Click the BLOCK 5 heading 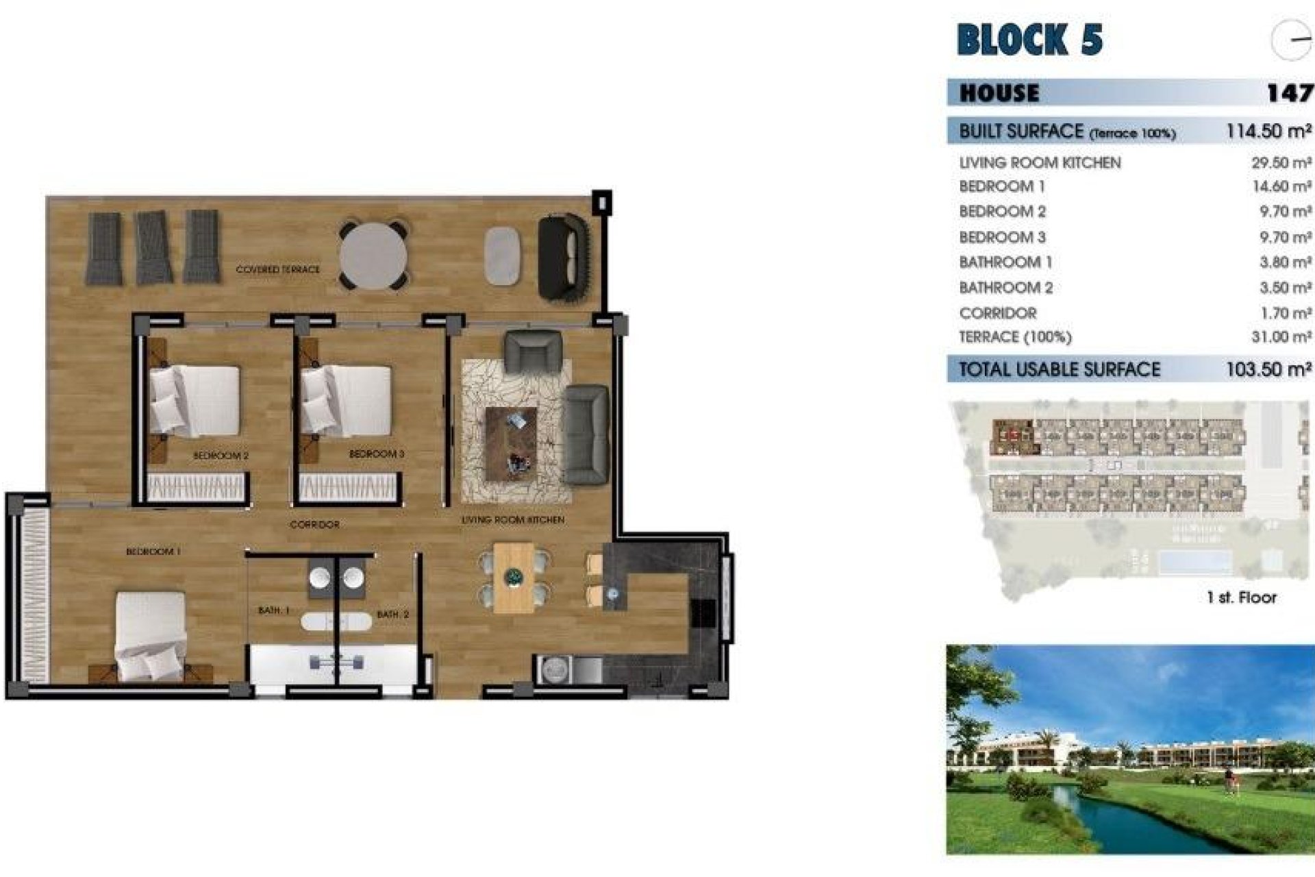click(x=1029, y=39)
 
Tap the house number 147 click(x=1289, y=93)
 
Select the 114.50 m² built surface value click(x=1268, y=131)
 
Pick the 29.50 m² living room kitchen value click(x=1281, y=163)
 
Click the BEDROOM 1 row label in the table click(x=1002, y=186)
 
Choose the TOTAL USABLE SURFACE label click(x=1059, y=370)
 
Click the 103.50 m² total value click(x=1268, y=370)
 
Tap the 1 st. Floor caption click(x=1241, y=597)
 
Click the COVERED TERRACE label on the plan click(x=277, y=270)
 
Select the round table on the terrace click(x=373, y=256)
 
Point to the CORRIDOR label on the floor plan click(x=314, y=525)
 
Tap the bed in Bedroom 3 click(x=347, y=402)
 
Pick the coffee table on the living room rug click(x=511, y=443)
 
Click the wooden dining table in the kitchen click(x=514, y=578)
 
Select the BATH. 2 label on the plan click(x=392, y=615)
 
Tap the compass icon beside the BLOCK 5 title click(x=1291, y=40)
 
